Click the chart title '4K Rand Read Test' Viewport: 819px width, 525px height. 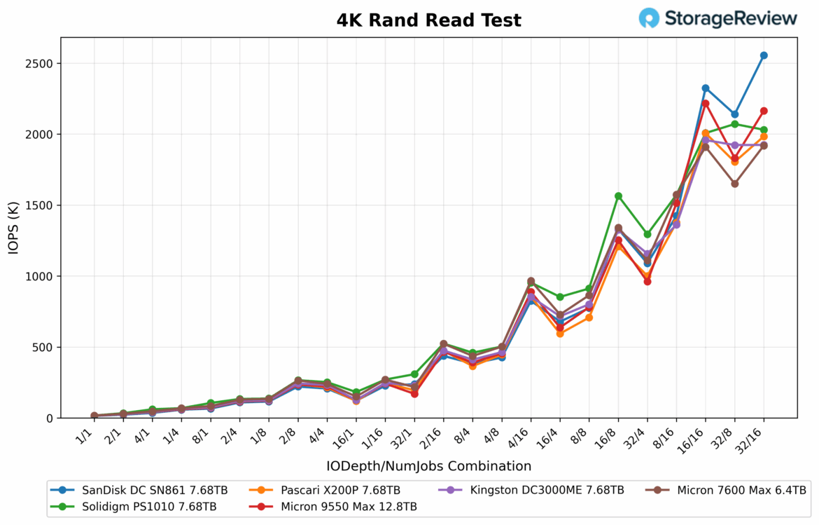click(428, 20)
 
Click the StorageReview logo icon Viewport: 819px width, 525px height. click(649, 18)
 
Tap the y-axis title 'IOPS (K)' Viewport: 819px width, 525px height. click(14, 228)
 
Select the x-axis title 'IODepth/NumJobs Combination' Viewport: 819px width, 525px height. click(428, 466)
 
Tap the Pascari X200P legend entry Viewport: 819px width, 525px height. click(329, 490)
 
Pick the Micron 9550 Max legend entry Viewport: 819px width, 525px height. click(337, 506)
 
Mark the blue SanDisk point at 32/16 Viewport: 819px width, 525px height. click(764, 55)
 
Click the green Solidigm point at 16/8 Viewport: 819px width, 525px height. click(618, 196)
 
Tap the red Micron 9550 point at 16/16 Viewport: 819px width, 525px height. click(706, 104)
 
